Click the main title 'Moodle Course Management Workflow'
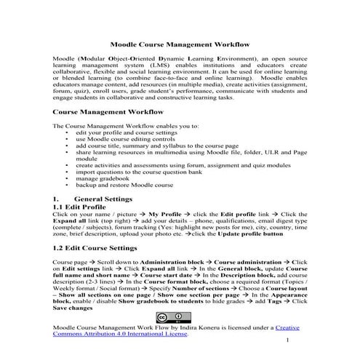(180, 44)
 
